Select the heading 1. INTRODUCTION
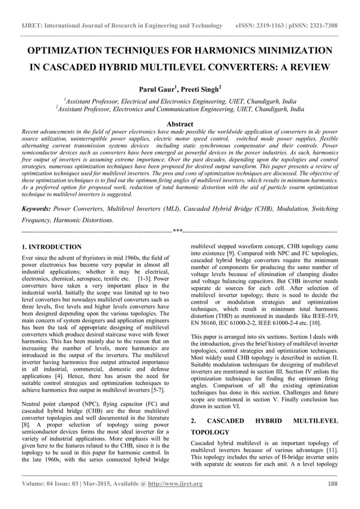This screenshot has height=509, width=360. click(x=51, y=247)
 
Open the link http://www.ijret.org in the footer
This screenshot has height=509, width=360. click(x=175, y=484)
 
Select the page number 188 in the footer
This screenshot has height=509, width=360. click(x=332, y=484)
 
